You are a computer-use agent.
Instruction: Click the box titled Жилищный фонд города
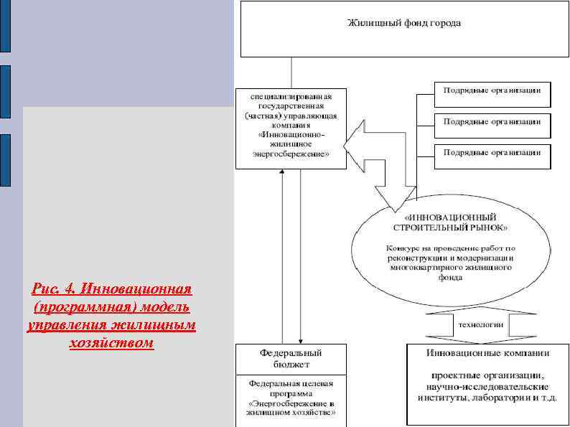pyautogui.click(x=403, y=28)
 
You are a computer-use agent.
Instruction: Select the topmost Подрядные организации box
pyautogui.click(x=492, y=91)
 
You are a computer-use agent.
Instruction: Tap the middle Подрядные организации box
pyautogui.click(x=492, y=121)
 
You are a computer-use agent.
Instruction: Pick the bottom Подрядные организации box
pyautogui.click(x=492, y=152)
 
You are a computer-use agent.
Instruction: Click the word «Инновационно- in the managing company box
pyautogui.click(x=291, y=134)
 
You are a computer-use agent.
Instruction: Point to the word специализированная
pyautogui.click(x=291, y=96)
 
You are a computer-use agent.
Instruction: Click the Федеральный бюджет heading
pyautogui.click(x=291, y=358)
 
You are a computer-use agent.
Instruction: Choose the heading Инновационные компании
pyautogui.click(x=487, y=353)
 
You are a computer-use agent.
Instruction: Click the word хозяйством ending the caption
pyautogui.click(x=111, y=343)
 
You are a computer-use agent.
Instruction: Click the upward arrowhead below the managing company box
pyautogui.click(x=283, y=174)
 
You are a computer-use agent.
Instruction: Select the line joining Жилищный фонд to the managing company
pyautogui.click(x=291, y=72)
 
